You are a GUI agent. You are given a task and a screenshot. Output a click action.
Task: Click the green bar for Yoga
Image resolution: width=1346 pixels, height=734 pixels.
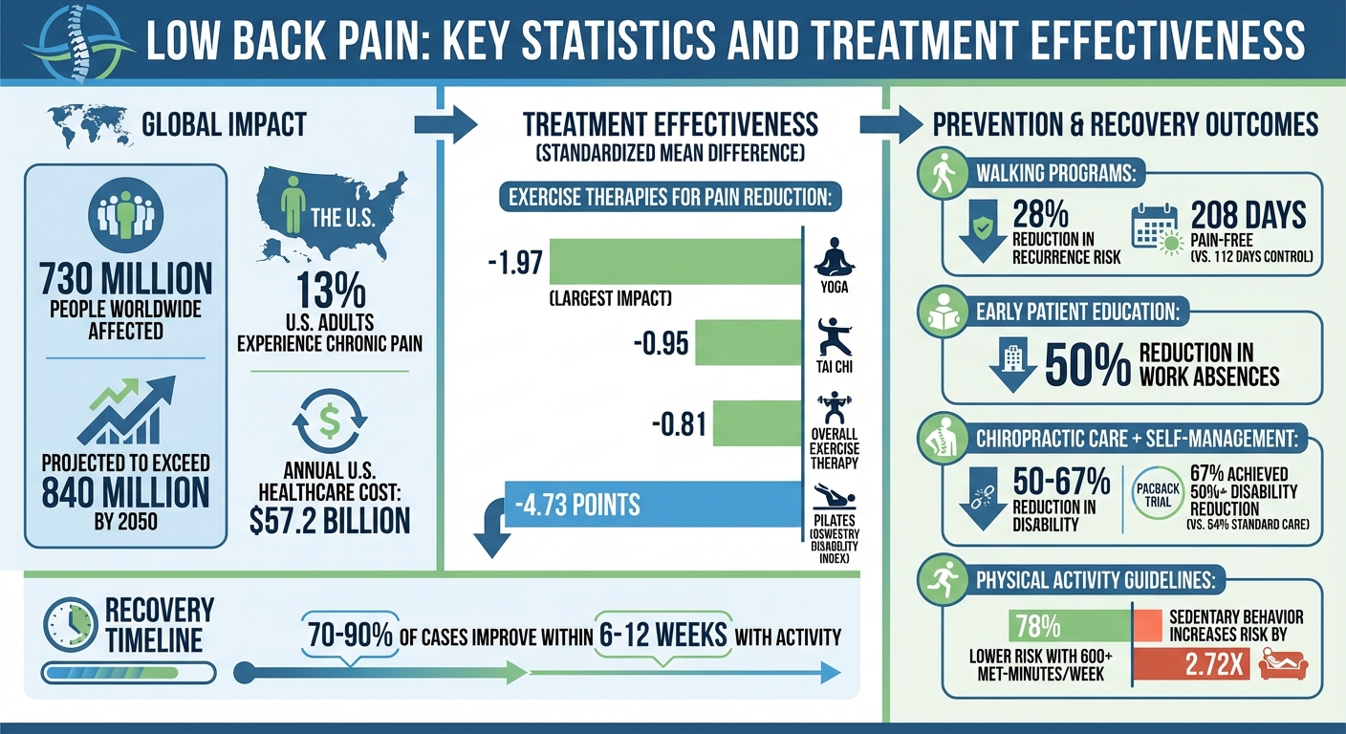click(675, 261)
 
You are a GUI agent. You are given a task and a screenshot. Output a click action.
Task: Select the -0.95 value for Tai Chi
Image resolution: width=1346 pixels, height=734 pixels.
click(661, 343)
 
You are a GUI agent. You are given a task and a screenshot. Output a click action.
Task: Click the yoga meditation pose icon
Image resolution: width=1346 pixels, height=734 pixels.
click(834, 257)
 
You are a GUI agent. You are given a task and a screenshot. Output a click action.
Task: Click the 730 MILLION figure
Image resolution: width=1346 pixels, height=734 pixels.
click(125, 279)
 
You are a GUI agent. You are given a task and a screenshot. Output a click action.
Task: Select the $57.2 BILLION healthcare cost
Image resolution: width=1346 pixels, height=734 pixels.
click(329, 519)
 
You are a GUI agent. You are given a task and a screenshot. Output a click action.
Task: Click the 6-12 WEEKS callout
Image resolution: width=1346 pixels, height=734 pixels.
click(663, 635)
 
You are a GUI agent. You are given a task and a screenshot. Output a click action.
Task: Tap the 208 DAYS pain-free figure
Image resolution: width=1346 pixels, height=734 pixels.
click(1248, 216)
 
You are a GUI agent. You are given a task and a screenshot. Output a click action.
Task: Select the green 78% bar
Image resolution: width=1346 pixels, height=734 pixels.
click(1070, 626)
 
